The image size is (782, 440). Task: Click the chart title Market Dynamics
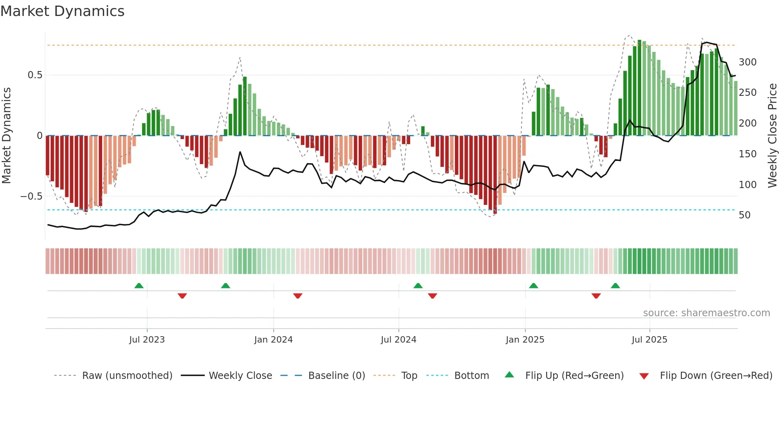[x=63, y=11]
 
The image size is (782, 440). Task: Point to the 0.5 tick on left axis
[x=35, y=75]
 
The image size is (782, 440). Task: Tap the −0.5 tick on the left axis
[x=32, y=196]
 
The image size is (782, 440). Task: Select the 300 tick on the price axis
[x=747, y=62]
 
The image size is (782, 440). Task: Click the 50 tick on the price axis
[x=744, y=215]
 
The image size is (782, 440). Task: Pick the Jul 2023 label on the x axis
[x=147, y=340]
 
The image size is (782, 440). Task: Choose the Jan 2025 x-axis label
[x=525, y=340]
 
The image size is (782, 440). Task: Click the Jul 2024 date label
[x=398, y=340]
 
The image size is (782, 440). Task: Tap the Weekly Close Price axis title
[x=772, y=136]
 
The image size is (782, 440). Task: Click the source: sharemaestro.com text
[x=706, y=313]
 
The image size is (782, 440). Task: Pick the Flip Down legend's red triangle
[x=644, y=376]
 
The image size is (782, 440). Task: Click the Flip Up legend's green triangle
[x=509, y=375]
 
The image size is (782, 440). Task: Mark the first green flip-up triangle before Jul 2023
[x=139, y=286]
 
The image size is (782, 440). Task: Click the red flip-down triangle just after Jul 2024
[x=432, y=296]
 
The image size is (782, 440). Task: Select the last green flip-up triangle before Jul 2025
[x=615, y=286]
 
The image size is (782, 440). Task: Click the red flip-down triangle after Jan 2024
[x=298, y=296]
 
